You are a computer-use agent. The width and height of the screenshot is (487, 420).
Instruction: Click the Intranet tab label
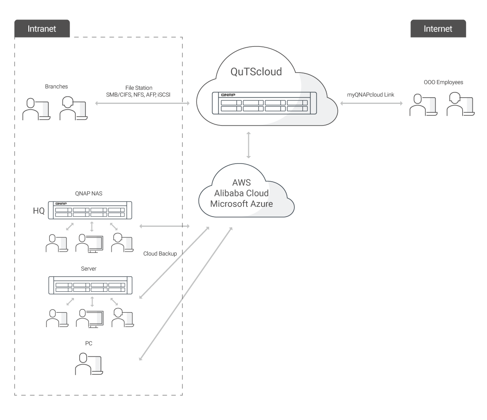coord(42,29)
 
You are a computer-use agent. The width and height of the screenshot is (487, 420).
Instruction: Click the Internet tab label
coord(438,29)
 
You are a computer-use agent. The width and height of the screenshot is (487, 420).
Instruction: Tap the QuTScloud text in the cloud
coord(256,72)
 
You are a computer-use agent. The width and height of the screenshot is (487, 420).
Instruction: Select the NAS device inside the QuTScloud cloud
coord(264,103)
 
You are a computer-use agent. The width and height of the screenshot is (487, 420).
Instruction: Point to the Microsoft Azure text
coord(242,204)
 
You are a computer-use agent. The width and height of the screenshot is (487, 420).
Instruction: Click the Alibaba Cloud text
coord(242,193)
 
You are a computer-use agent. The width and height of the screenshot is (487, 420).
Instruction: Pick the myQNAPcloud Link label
coord(371,95)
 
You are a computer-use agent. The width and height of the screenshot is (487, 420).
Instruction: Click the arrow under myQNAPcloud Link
coord(371,103)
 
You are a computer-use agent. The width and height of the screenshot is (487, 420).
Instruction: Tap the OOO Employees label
coord(444,82)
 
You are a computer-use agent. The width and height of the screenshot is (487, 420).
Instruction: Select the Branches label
coord(56,87)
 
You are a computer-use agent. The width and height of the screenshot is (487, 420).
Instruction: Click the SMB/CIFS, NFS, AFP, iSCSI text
coord(138,95)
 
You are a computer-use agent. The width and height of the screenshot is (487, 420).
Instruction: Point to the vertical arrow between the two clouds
coord(248,145)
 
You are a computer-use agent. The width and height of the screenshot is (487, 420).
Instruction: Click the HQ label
coord(39,211)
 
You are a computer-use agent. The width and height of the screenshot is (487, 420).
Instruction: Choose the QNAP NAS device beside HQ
coord(90,210)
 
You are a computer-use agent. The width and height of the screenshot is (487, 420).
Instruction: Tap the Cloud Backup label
coord(160,254)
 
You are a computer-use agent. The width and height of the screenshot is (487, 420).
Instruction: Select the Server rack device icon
coord(90,285)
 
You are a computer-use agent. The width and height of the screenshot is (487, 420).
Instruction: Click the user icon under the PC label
coord(89,364)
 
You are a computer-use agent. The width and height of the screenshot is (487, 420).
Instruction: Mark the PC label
coord(89,344)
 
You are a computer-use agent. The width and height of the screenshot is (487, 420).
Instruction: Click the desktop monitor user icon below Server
coord(90,318)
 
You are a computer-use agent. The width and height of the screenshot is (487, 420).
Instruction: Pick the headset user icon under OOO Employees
coord(460,104)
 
